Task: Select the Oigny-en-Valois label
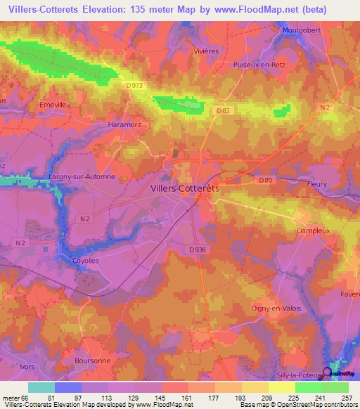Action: pyautogui.click(x=275, y=308)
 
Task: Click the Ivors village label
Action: pyautogui.click(x=10, y=366)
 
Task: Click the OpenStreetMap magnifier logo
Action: pyautogui.click(x=327, y=372)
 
